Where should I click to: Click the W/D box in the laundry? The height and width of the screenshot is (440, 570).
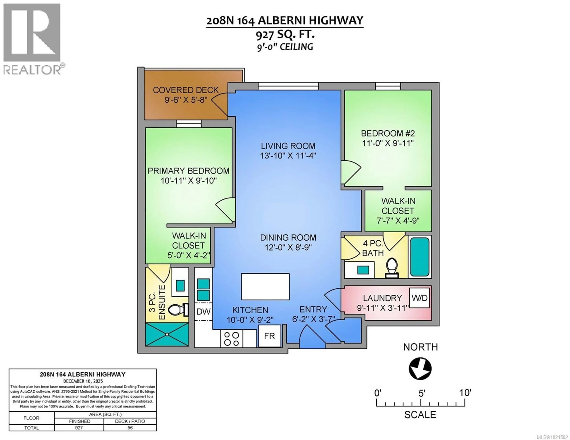coord(419,298)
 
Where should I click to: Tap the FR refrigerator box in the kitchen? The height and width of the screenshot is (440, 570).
coord(270,336)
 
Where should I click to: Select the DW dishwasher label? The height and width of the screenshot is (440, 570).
coord(203,311)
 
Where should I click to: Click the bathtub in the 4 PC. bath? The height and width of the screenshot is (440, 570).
coord(420,257)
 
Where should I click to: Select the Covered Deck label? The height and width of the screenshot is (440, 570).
coord(186,90)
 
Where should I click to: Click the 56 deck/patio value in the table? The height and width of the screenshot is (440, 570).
coord(130,428)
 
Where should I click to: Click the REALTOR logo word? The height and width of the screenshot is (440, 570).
coord(32,70)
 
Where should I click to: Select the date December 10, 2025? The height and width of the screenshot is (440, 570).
coord(83,381)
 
